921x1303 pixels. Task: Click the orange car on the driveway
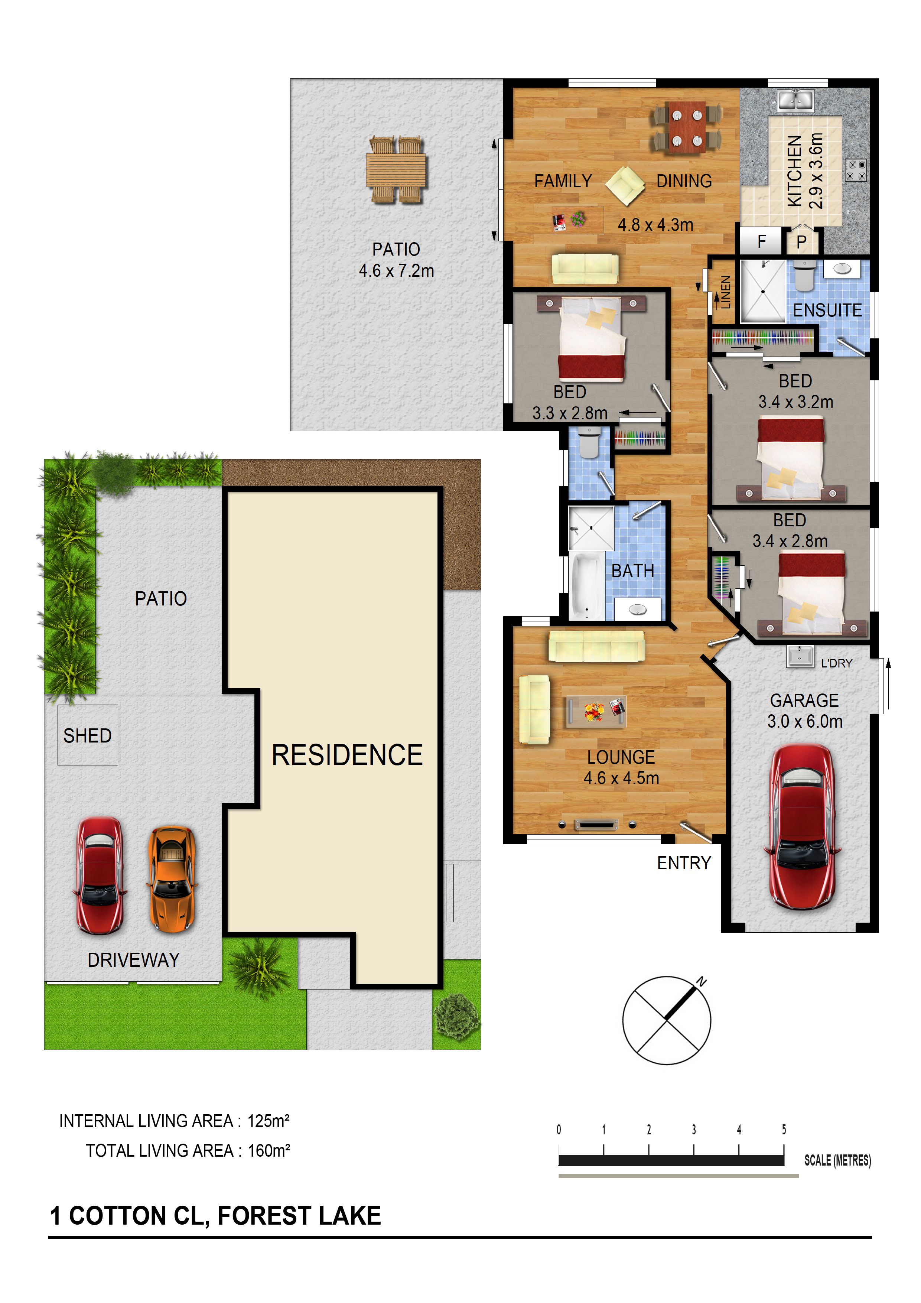pos(172,879)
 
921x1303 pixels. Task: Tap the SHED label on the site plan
pos(87,735)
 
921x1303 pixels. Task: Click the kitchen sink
pos(795,100)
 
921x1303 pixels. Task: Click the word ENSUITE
pos(827,311)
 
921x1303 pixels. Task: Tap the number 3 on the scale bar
pos(693,1129)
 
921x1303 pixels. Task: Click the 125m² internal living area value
pos(269,1121)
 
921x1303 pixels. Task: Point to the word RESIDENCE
pos(347,756)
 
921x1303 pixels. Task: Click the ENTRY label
pos(684,863)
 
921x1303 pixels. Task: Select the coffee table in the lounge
pos(596,711)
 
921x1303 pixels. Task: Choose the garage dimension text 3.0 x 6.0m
pos(805,721)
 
